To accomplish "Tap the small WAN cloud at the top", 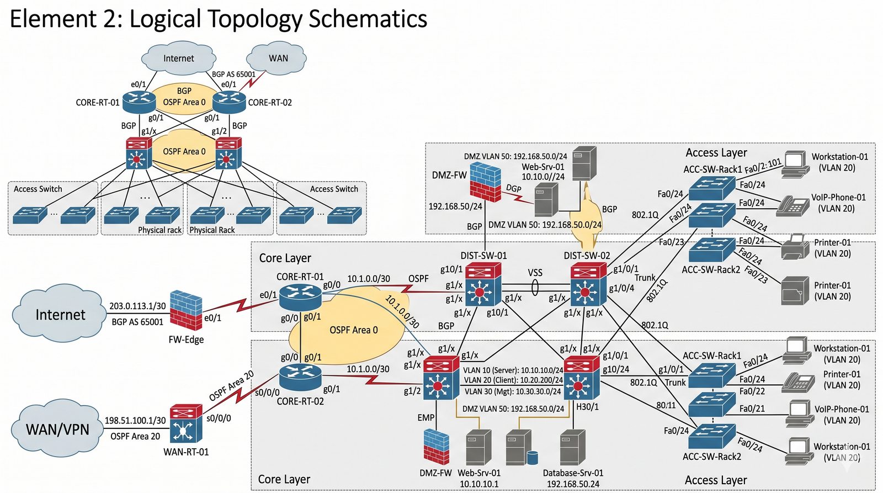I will pyautogui.click(x=278, y=58).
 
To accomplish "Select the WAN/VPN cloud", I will pyautogui.click(x=57, y=429).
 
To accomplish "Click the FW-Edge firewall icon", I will pyautogui.click(x=186, y=310).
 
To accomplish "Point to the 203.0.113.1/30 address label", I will pyautogui.click(x=137, y=306).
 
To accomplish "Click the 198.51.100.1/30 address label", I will pyautogui.click(x=135, y=421).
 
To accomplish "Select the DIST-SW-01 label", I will pyautogui.click(x=483, y=256).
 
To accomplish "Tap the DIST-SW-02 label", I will pyautogui.click(x=587, y=256).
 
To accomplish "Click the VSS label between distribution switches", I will pyautogui.click(x=535, y=273).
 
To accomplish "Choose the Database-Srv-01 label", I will pyautogui.click(x=573, y=473).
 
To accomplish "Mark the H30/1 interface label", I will pyautogui.click(x=587, y=407).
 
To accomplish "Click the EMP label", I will pyautogui.click(x=425, y=418).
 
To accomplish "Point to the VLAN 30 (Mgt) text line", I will pyautogui.click(x=512, y=391).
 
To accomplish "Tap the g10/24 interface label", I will pyautogui.click(x=616, y=369).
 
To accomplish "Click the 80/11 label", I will pyautogui.click(x=666, y=405).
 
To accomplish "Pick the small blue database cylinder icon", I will pyautogui.click(x=532, y=458).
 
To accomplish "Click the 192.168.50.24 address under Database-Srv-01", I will pyautogui.click(x=573, y=484).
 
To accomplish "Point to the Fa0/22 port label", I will pyautogui.click(x=752, y=391).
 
